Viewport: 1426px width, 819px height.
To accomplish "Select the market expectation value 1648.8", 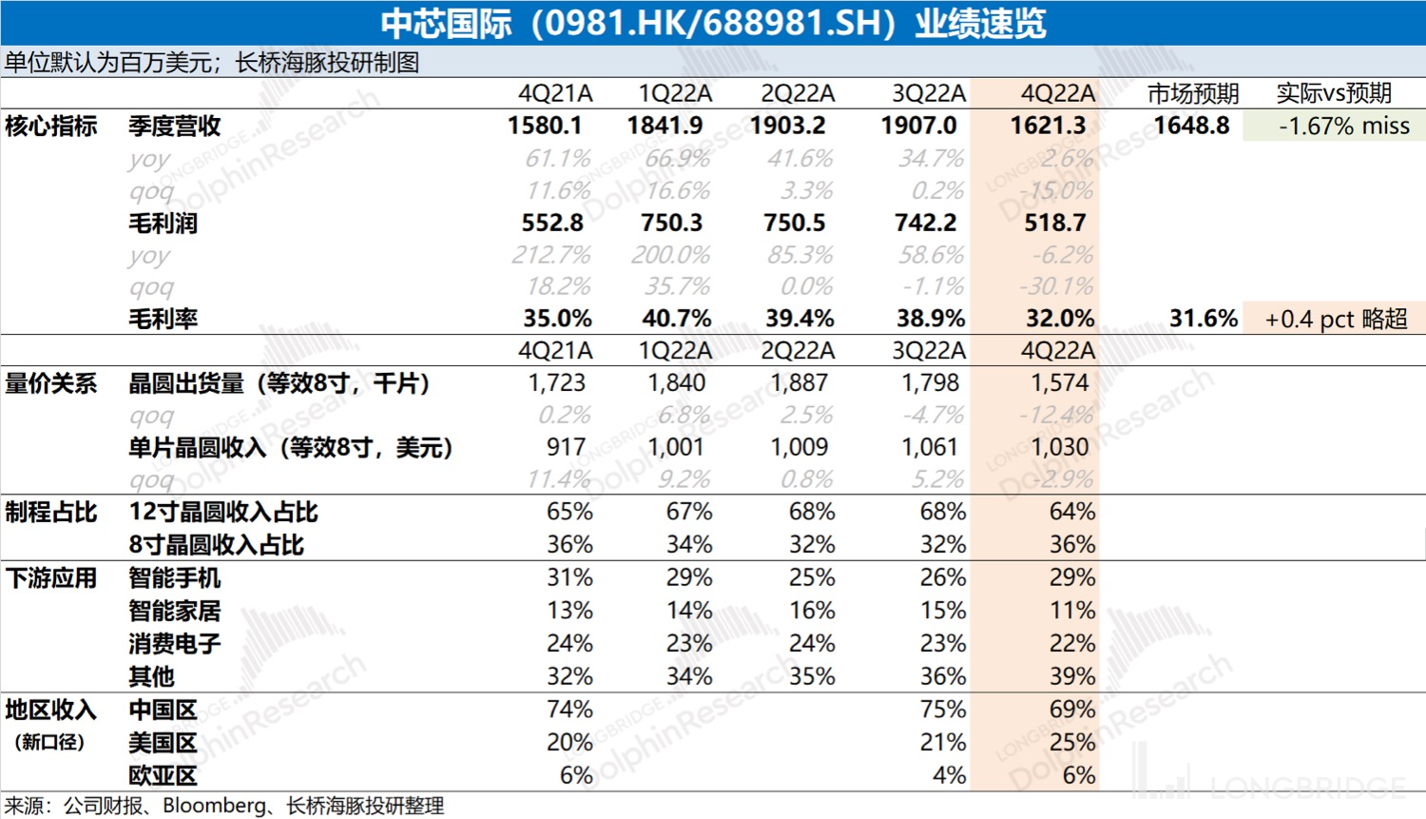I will (x=1191, y=126).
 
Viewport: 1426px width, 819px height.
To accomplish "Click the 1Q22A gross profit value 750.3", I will (x=671, y=223).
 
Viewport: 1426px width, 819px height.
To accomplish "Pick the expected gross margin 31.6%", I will (x=1203, y=319).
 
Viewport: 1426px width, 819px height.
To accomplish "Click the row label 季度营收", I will (x=175, y=126).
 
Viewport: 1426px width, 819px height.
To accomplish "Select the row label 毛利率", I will (x=164, y=319).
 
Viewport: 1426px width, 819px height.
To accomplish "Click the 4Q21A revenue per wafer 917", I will (x=567, y=447).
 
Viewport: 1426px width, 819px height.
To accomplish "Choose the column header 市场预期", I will (x=1193, y=93).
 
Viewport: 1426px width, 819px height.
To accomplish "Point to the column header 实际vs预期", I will (x=1334, y=93).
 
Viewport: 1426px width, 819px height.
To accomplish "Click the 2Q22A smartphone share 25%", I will (x=812, y=577).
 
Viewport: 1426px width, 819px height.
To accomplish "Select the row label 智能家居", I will (x=175, y=611).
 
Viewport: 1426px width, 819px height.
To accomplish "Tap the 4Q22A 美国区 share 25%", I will (x=1072, y=742).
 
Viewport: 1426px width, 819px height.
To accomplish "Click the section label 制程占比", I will (x=51, y=512).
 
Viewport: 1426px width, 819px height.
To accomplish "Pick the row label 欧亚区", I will (x=164, y=775).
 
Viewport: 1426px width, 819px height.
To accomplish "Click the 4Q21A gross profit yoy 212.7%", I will (x=551, y=255).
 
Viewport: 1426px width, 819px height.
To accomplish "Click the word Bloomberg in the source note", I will (x=215, y=806).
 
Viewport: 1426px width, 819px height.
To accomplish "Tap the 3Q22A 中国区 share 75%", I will (x=943, y=710).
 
